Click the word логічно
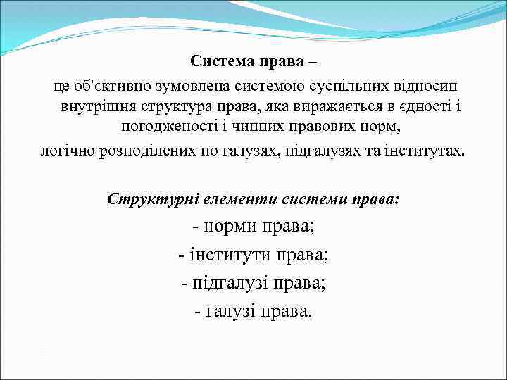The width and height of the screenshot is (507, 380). (x=67, y=151)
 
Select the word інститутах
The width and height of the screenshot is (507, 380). (x=424, y=151)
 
